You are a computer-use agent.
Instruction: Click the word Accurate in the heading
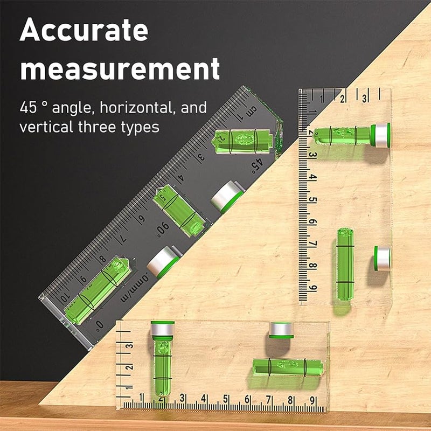(84, 31)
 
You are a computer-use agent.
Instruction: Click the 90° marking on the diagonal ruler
(162, 231)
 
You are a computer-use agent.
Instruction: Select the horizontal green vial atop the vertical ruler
(343, 135)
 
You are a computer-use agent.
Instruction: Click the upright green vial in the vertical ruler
(345, 264)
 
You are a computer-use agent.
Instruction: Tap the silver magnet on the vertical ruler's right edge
(383, 259)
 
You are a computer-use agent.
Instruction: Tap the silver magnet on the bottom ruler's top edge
(281, 330)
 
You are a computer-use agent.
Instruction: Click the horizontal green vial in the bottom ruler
(288, 367)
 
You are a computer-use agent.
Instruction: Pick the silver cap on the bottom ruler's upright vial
(162, 328)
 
